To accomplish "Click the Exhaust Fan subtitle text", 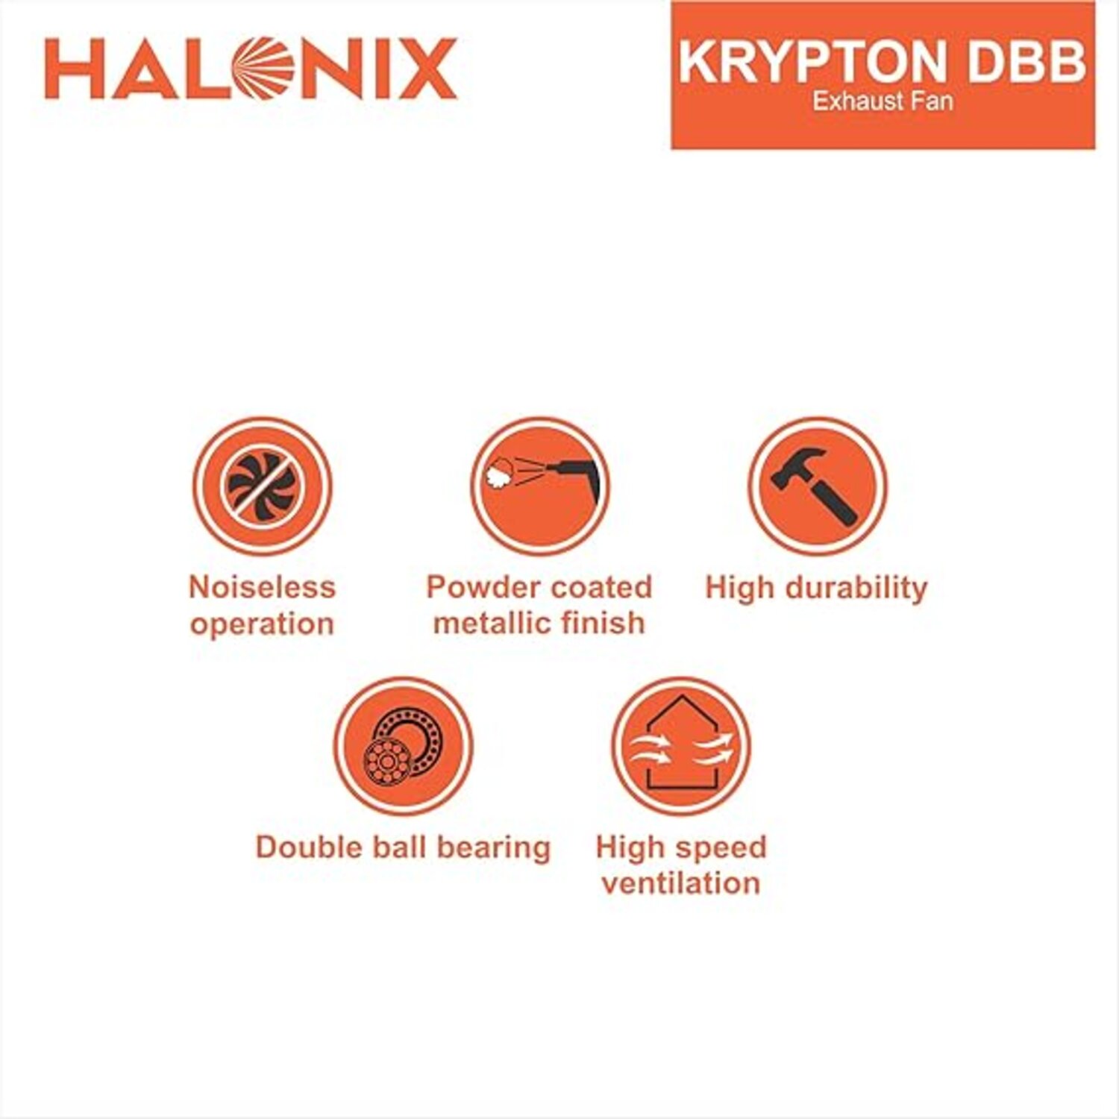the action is pyautogui.click(x=883, y=101).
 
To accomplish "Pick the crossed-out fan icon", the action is pyautogui.click(x=262, y=486).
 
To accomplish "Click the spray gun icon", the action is pyautogui.click(x=540, y=486).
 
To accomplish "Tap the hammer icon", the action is pyautogui.click(x=818, y=486).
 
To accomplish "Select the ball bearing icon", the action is pyautogui.click(x=403, y=746).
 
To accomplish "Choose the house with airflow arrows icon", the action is pyautogui.click(x=680, y=746).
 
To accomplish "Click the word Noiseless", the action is pyautogui.click(x=262, y=587).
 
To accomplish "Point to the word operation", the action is pyautogui.click(x=262, y=624).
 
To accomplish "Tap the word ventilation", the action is pyautogui.click(x=681, y=883).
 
